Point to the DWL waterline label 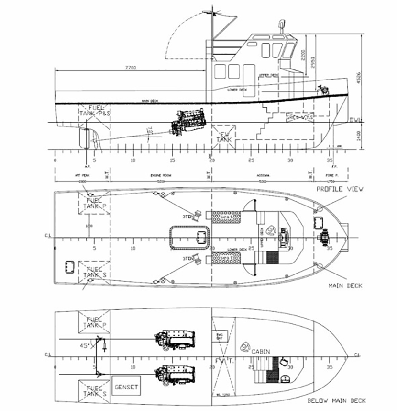coord(355,120)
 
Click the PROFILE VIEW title coord(340,189)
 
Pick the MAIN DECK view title coord(345,286)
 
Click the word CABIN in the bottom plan coord(261,351)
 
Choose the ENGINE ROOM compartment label coord(161,176)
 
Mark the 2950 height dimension coord(313,61)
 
